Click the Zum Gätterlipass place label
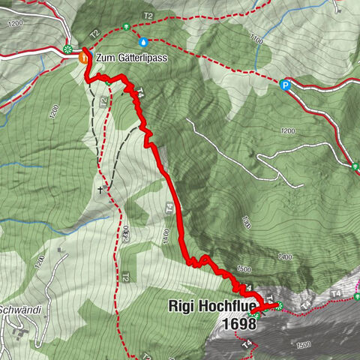[130, 57]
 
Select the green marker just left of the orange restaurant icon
[69, 50]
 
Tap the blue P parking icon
[285, 85]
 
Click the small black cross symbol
[99, 190]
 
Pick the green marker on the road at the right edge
[355, 166]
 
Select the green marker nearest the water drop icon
[127, 27]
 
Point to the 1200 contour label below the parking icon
[286, 131]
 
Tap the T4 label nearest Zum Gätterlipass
[139, 92]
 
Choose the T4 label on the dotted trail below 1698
[247, 344]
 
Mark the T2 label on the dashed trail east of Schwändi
[126, 277]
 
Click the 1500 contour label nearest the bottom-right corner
[303, 344]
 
